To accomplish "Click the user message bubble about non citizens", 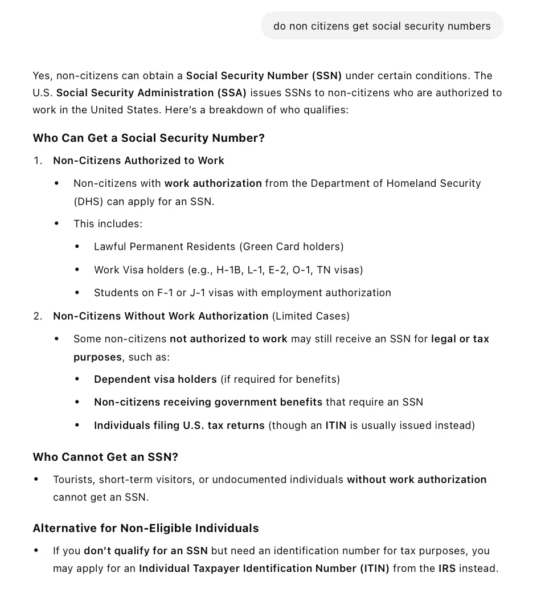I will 382,26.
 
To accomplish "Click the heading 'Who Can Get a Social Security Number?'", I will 149,138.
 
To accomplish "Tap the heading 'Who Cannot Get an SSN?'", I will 105,457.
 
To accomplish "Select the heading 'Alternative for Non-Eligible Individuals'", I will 146,528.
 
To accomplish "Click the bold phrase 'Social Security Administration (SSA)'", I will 151,92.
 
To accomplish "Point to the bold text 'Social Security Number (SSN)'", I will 264,75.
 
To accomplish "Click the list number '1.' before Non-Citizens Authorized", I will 38,161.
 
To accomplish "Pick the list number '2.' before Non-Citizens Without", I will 38,316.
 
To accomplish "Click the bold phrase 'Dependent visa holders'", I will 155,379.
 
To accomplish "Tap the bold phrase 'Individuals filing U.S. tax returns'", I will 179,425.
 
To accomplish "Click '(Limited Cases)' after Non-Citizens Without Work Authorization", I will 311,316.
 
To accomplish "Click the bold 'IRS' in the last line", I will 447,568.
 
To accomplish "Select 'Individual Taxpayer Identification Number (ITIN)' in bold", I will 264,568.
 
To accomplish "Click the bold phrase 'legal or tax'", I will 460,338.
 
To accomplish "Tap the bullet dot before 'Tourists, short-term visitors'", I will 36,479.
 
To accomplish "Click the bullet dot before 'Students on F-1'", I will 77,292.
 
